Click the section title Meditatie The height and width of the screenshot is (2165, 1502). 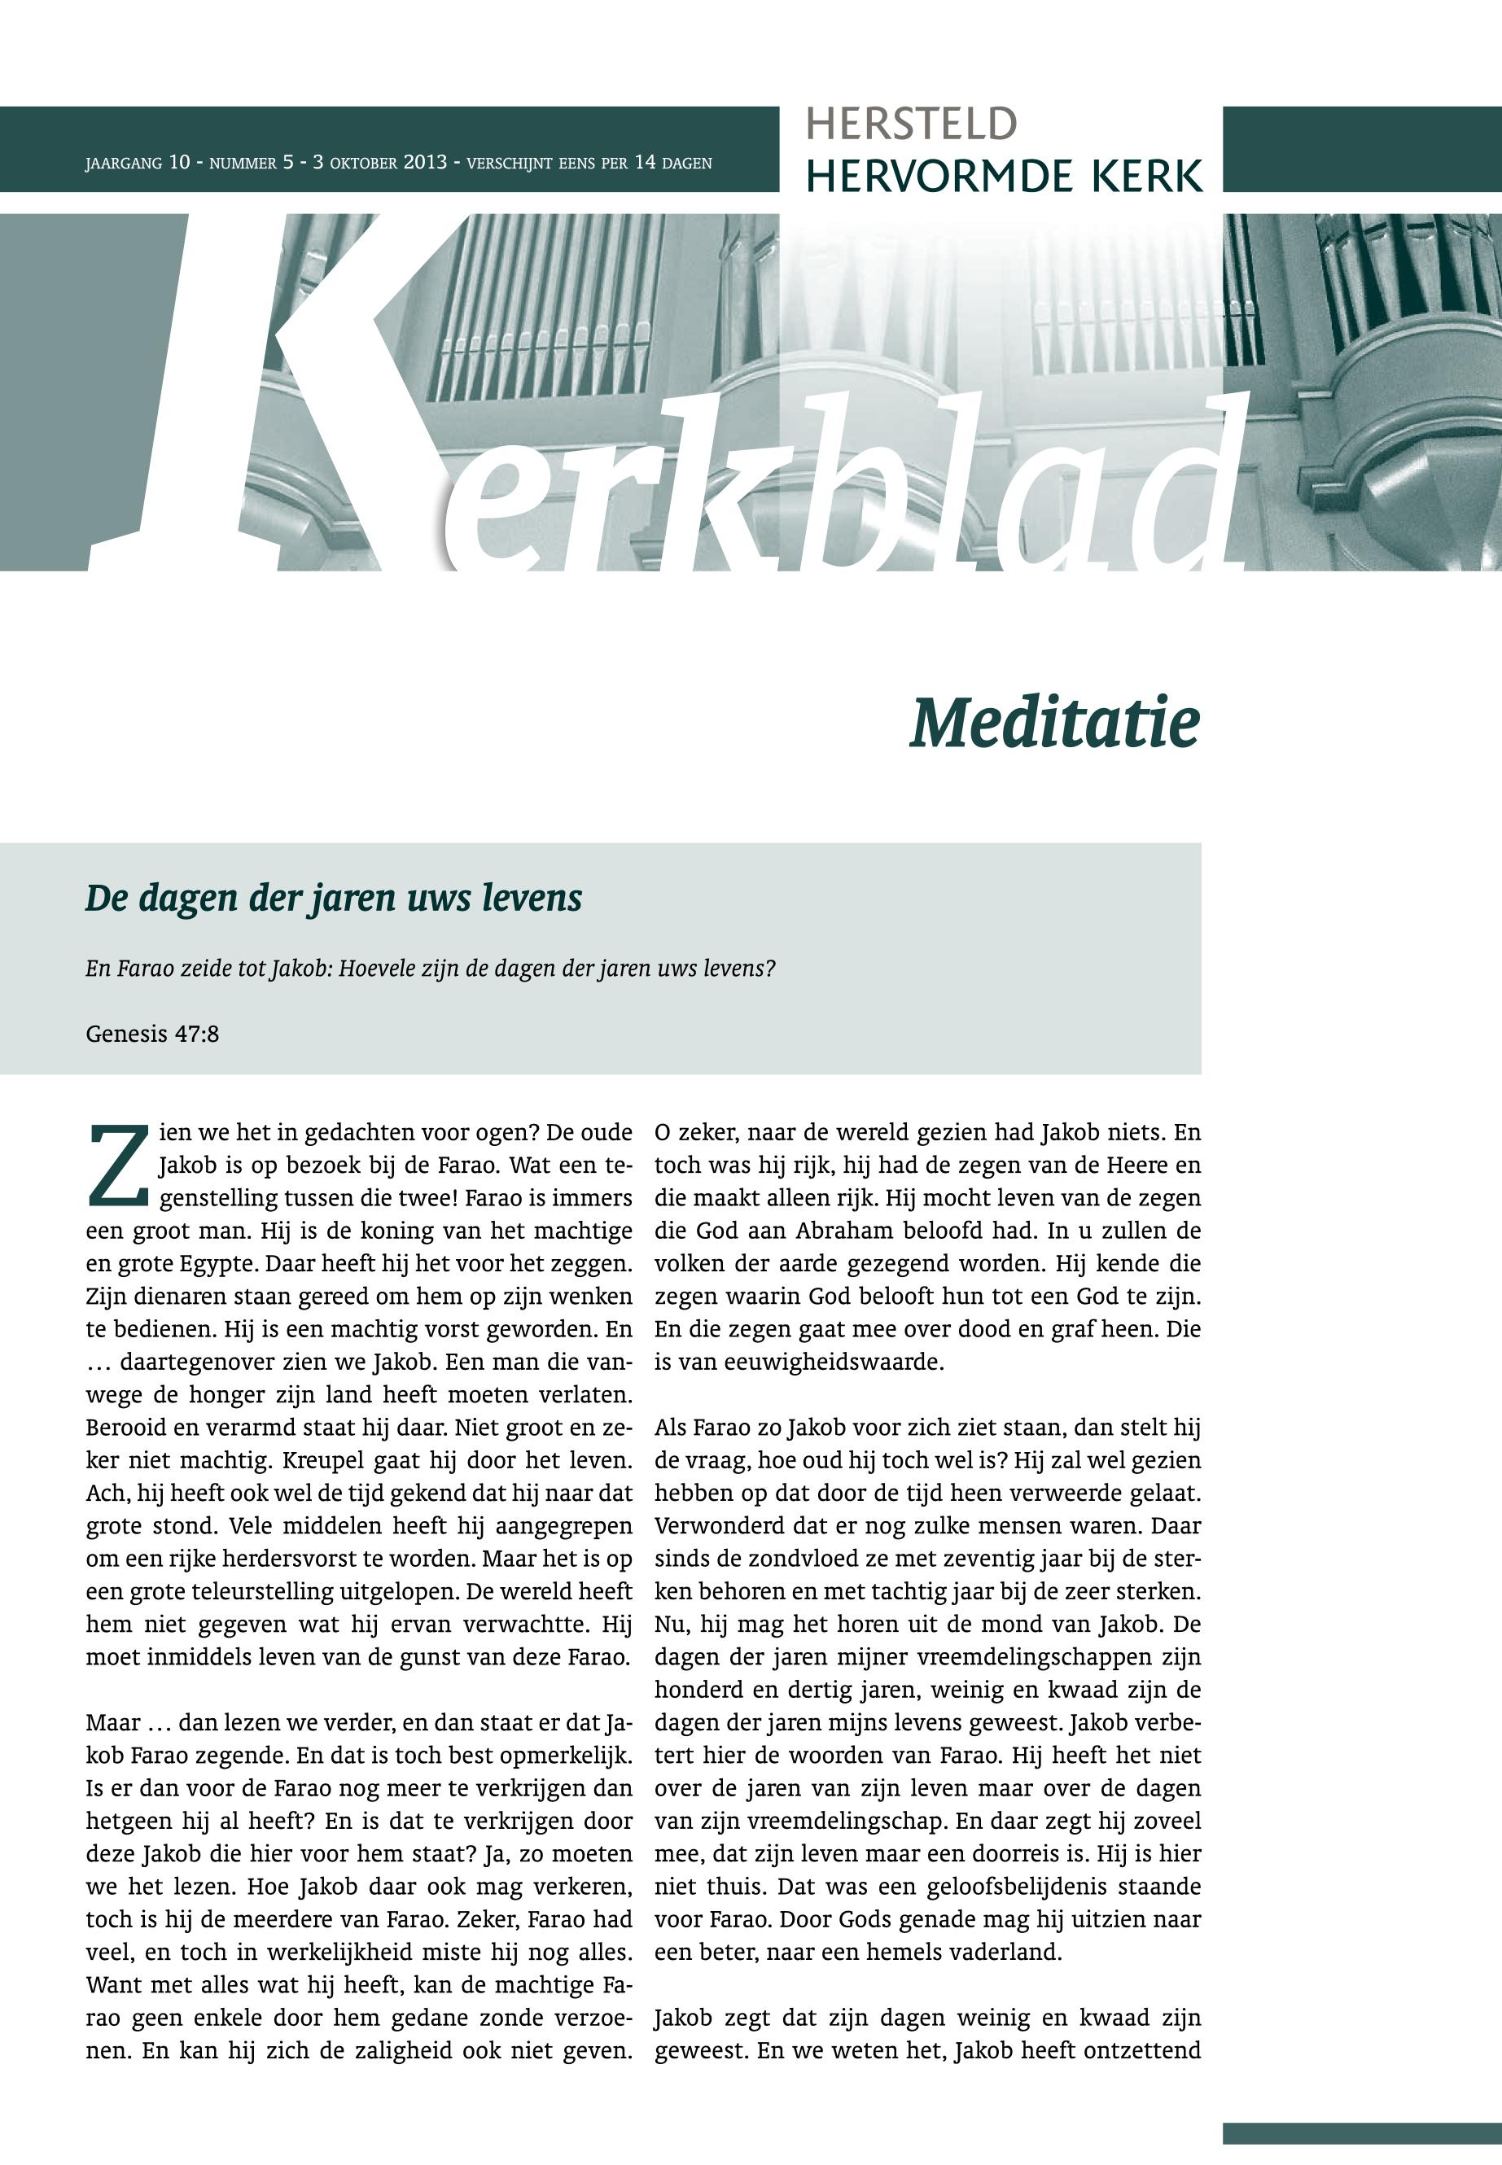1054,723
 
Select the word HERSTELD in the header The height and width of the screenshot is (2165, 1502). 911,125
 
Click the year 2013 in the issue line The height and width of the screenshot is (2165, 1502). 424,162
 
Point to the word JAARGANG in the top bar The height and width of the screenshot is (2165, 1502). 123,163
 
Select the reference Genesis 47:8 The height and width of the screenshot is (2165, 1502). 152,1034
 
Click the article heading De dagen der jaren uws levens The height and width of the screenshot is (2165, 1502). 333,898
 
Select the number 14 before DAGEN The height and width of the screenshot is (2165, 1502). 645,162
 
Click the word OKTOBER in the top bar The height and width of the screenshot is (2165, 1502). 363,163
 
